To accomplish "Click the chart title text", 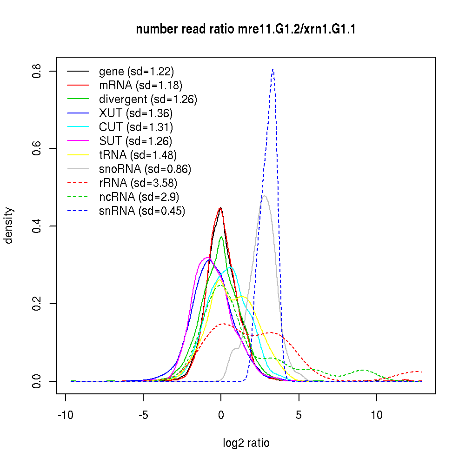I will [x=246, y=30].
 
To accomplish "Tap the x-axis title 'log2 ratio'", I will [x=246, y=443].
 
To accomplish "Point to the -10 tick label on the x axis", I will [x=66, y=415].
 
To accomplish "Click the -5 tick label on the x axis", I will [x=143, y=415].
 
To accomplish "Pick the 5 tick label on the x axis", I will [x=299, y=415].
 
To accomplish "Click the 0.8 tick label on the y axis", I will [x=38, y=71].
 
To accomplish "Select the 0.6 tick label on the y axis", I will [x=38, y=148].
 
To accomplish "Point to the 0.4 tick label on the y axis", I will [x=38, y=226].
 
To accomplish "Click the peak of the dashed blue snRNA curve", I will [x=273, y=70].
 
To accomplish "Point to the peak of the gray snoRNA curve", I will [x=265, y=196].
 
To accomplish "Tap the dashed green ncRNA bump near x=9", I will [x=363, y=370].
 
